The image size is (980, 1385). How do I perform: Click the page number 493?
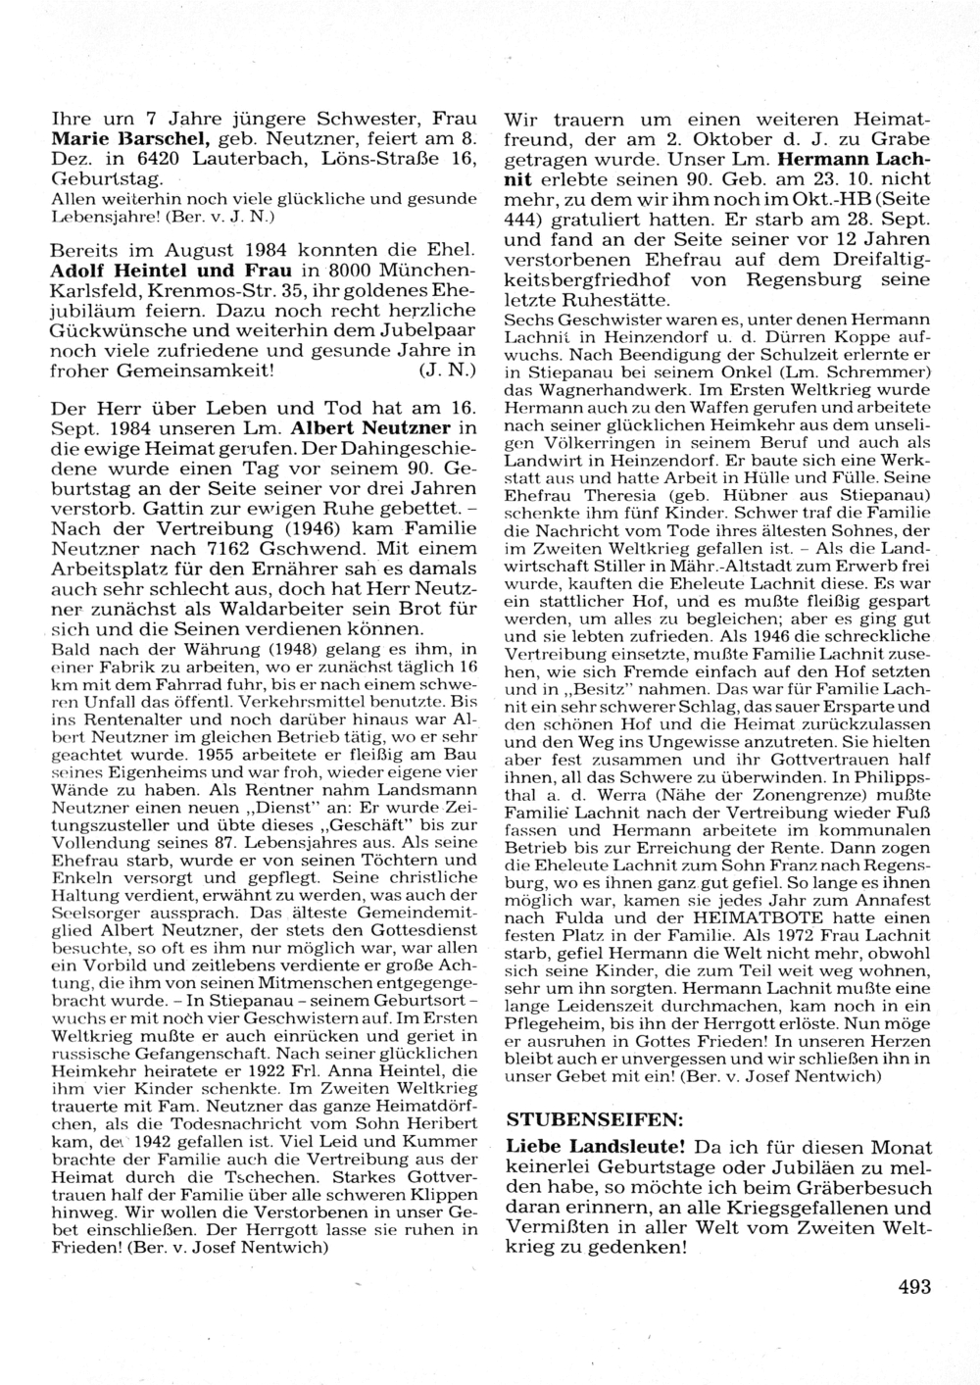[x=912, y=1288]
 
